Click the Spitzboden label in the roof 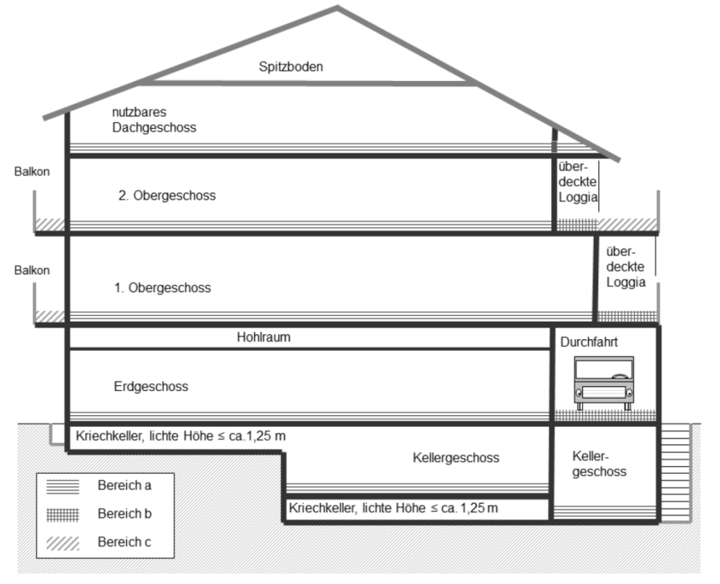[x=290, y=66]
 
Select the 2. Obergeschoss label [x=167, y=196]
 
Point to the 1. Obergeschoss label [x=162, y=287]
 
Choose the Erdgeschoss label [x=150, y=386]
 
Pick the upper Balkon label [x=33, y=171]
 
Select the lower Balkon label [x=33, y=270]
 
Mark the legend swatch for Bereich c [x=65, y=542]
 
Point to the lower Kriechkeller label [x=393, y=508]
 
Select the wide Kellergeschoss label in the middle [x=455, y=458]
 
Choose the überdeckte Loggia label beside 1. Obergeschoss [x=626, y=267]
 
